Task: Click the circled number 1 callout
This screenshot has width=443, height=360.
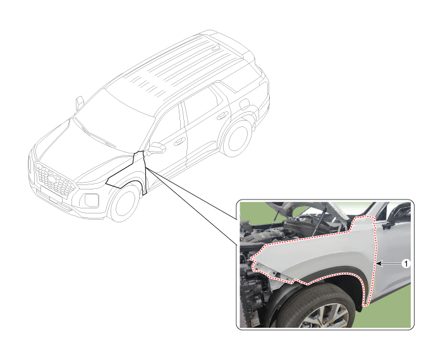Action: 406,265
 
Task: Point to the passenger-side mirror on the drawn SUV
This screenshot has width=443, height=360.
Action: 80,102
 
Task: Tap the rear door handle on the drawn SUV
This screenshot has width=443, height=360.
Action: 222,116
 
